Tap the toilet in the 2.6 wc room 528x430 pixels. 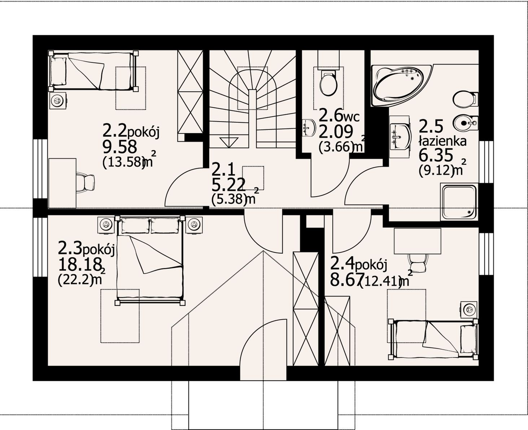pyautogui.click(x=328, y=83)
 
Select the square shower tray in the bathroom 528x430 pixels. pyautogui.click(x=459, y=202)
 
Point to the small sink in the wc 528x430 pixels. pyautogui.click(x=309, y=128)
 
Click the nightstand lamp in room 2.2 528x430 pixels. pyautogui.click(x=57, y=101)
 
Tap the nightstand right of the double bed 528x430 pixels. pyautogui.click(x=194, y=225)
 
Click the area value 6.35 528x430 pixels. pyautogui.click(x=436, y=156)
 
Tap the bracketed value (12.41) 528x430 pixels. pyautogui.click(x=380, y=282)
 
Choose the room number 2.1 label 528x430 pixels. pyautogui.click(x=224, y=170)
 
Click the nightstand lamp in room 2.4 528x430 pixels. pyautogui.click(x=469, y=310)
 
